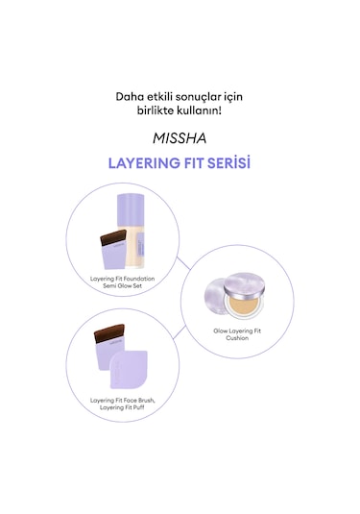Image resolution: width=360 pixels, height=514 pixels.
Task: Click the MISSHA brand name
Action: tap(180, 138)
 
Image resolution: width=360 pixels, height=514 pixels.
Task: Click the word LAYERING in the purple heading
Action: tap(144, 163)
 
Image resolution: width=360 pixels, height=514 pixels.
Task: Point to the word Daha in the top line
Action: tap(128, 97)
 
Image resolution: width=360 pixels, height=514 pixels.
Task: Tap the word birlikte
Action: tap(156, 110)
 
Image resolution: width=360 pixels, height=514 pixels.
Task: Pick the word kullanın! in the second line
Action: tap(199, 110)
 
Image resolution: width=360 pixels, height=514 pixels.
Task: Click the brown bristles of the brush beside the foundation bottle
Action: tap(113, 237)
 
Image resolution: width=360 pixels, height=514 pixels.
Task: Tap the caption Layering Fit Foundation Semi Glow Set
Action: tap(123, 282)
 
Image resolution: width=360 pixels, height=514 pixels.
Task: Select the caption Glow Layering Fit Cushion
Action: tap(237, 334)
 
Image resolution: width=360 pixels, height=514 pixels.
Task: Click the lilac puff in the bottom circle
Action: tap(129, 370)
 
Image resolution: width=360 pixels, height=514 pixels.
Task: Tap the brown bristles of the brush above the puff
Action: tap(109, 332)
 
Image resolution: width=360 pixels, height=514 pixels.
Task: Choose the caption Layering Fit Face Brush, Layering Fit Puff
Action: tap(123, 404)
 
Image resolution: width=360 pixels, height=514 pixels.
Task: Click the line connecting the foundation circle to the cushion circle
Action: tap(183, 263)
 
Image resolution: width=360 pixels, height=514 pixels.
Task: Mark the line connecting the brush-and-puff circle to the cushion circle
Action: tap(180, 331)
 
